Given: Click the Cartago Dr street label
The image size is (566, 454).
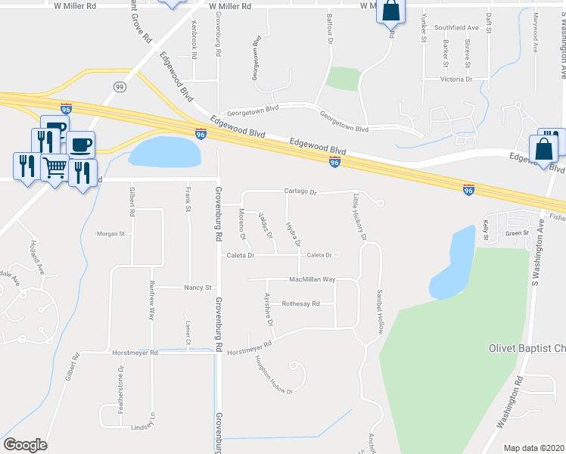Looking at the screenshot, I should tap(300, 191).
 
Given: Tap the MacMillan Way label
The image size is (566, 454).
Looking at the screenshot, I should tap(313, 280).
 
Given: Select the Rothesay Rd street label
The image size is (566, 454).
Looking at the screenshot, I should tap(300, 303).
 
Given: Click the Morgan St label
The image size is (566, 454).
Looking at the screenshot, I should tap(110, 234).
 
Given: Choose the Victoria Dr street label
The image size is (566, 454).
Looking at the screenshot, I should tap(456, 79).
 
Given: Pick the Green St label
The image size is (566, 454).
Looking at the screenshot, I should tap(517, 233).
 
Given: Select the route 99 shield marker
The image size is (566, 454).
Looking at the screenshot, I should tap(120, 86).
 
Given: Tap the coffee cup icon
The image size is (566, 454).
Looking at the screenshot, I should tap(80, 144).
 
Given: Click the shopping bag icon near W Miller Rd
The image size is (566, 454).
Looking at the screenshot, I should tap(391, 11).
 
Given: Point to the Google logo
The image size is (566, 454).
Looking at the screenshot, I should tap(25, 445).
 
